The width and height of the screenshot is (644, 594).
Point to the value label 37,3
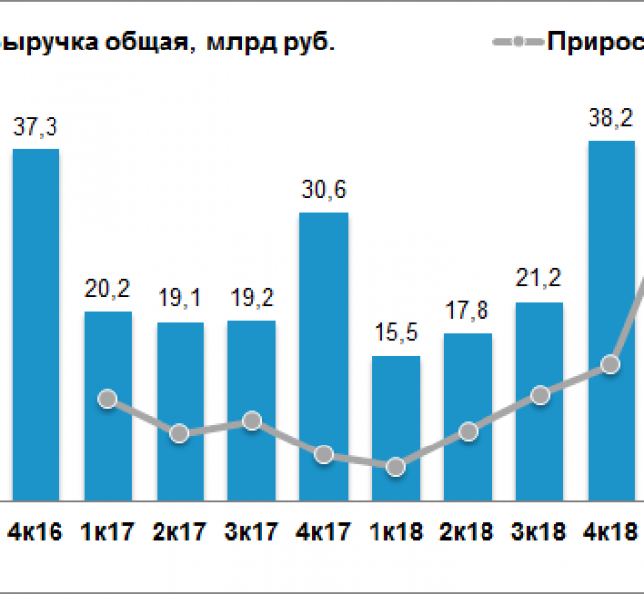coord(36,127)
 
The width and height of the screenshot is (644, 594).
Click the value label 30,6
coord(324,190)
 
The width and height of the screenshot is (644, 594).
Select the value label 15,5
coord(395,335)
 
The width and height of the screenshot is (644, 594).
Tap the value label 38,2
coord(611,118)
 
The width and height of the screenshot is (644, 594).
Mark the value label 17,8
coord(468,311)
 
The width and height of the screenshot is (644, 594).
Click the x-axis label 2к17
coord(179,532)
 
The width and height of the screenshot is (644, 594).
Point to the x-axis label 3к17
coord(252,532)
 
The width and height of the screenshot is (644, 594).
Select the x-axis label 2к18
coord(468,532)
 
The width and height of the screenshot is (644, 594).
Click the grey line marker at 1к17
coord(108,399)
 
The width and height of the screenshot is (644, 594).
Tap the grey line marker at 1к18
coord(395,467)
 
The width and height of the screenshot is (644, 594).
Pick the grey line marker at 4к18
coord(610,364)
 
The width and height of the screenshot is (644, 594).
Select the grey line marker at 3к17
coord(252,420)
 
